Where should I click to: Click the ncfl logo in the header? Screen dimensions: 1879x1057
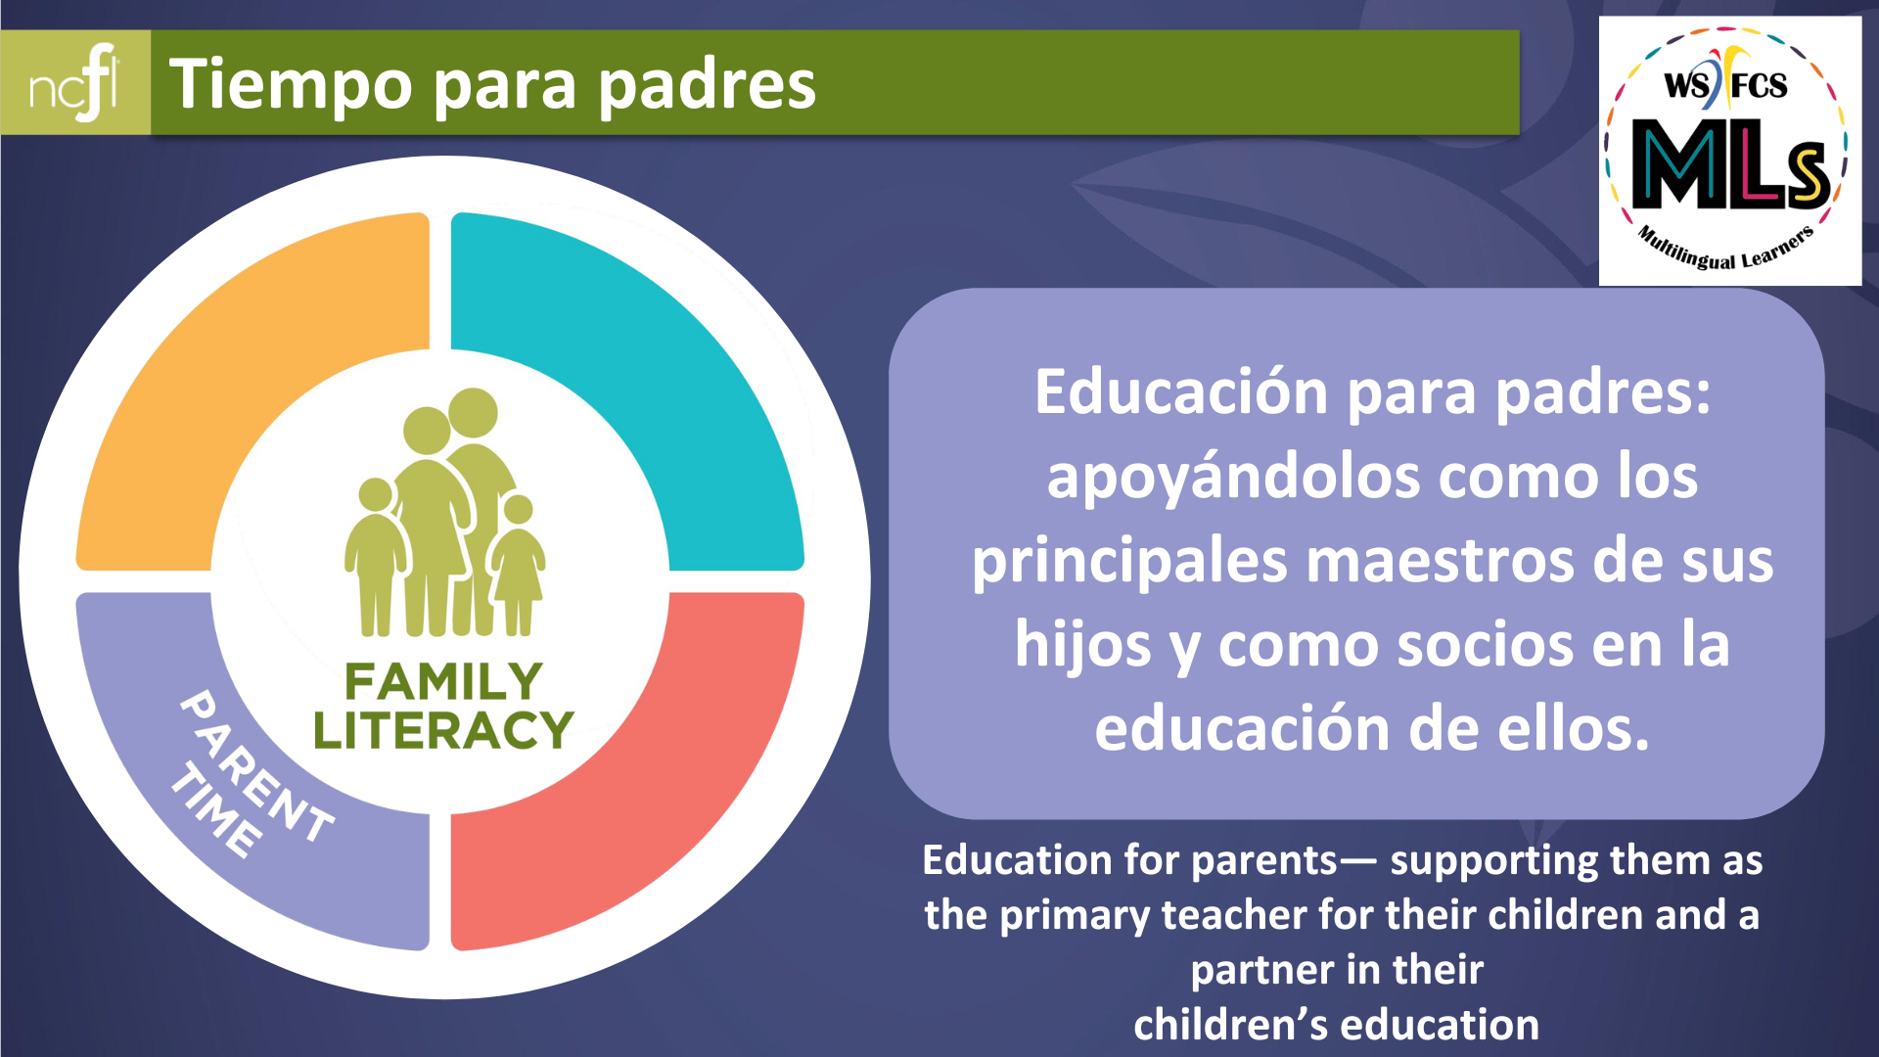point(74,83)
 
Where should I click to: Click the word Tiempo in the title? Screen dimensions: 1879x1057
point(291,85)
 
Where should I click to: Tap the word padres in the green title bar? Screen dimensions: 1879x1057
point(707,84)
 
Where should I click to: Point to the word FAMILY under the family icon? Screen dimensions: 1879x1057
point(443,681)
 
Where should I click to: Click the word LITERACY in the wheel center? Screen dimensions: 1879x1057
point(443,730)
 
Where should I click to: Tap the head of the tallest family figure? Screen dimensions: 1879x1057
point(474,412)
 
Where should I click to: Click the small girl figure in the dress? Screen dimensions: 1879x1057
point(518,566)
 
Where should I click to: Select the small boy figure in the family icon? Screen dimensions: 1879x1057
point(376,558)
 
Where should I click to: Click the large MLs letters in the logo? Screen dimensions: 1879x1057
point(1730,164)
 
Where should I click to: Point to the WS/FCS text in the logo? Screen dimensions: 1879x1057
point(1726,84)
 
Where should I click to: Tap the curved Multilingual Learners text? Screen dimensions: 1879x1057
point(1726,250)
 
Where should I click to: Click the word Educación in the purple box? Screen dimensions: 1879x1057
point(1182,392)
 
